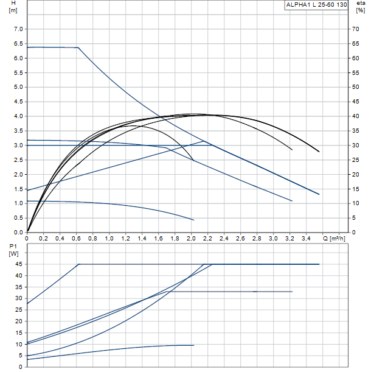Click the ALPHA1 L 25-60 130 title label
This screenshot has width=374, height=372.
tap(316, 5)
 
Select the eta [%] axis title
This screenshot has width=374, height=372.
tap(361, 7)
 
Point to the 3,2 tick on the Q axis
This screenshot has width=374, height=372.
tap(289, 237)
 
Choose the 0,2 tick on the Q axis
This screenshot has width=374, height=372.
tap(44, 237)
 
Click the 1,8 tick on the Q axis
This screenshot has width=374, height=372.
tap(175, 237)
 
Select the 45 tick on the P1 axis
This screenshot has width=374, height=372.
tap(19, 264)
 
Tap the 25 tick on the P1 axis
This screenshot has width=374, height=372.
tap(19, 310)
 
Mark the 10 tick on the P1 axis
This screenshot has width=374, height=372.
tap(19, 344)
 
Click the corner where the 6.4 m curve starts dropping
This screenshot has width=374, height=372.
tap(78, 47)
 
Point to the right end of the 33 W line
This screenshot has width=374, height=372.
tap(293, 292)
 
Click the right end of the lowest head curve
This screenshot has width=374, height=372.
tap(193, 220)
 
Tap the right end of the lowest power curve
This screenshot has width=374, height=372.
tap(193, 345)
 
